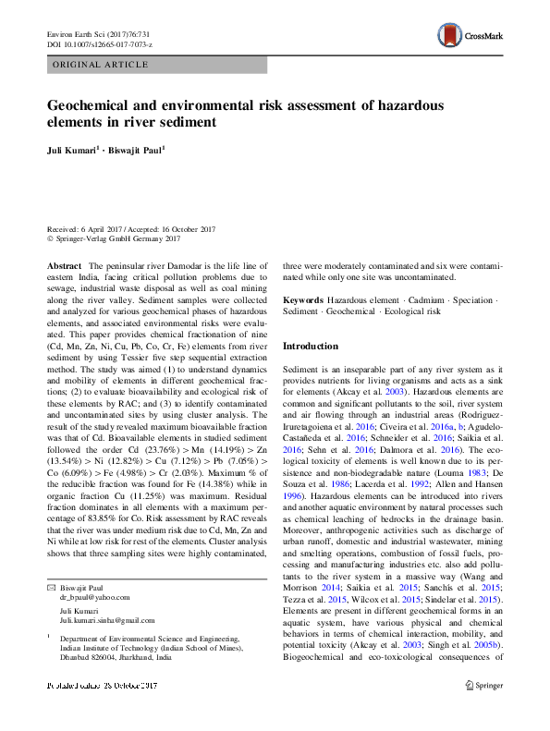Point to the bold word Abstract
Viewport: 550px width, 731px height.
65,265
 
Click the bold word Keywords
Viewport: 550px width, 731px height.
302,301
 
